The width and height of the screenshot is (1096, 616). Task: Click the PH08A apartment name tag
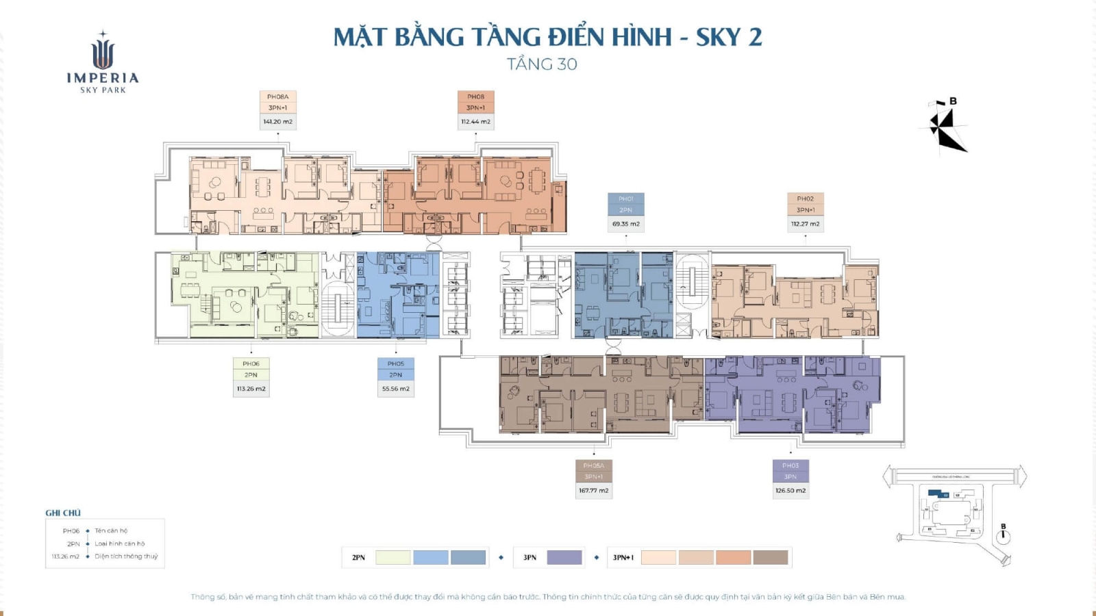277,97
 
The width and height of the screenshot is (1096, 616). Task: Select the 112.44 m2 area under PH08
475,122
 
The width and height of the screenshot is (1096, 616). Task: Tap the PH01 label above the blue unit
625,199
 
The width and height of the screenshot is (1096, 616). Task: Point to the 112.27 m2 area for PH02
805,224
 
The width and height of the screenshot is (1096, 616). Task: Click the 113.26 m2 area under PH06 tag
251,389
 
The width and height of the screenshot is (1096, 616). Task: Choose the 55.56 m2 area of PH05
395,389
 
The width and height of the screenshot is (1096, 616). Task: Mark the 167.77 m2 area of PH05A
593,491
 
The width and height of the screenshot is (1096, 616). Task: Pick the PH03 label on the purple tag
790,465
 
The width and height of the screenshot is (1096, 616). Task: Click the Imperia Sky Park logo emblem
103,53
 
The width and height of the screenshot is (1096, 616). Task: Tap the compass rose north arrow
945,127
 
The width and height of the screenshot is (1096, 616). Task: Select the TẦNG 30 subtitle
542,64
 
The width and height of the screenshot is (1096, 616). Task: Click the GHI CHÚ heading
63,513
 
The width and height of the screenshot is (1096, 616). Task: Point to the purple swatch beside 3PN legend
564,558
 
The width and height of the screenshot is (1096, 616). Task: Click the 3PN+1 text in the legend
623,558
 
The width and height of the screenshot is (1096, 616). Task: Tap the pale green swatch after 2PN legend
393,558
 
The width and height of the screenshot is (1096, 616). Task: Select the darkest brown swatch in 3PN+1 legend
771,558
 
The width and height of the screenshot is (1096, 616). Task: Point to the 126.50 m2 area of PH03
790,491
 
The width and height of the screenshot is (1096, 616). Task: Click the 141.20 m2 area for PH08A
277,122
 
